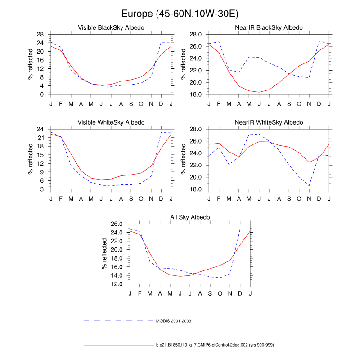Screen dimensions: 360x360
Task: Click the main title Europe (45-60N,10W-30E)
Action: pos(180,14)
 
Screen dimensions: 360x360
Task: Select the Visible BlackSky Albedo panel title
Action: pos(111,28)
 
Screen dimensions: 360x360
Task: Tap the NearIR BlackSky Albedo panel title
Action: pos(269,28)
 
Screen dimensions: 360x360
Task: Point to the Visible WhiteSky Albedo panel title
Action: pos(111,122)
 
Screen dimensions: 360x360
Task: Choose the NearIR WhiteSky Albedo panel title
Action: pos(269,122)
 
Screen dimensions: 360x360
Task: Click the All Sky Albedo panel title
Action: pos(190,218)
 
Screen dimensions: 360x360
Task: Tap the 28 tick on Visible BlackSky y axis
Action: pos(40,34)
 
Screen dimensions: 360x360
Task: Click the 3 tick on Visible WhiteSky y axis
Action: pos(42,189)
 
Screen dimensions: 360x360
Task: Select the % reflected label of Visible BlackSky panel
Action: pos(31,64)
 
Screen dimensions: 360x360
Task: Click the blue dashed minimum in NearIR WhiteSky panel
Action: pos(309,186)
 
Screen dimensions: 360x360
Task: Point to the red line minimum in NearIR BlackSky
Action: pos(259,92)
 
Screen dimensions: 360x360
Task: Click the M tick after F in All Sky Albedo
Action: pos(150,293)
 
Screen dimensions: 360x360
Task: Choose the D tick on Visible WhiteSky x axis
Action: pos(161,198)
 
